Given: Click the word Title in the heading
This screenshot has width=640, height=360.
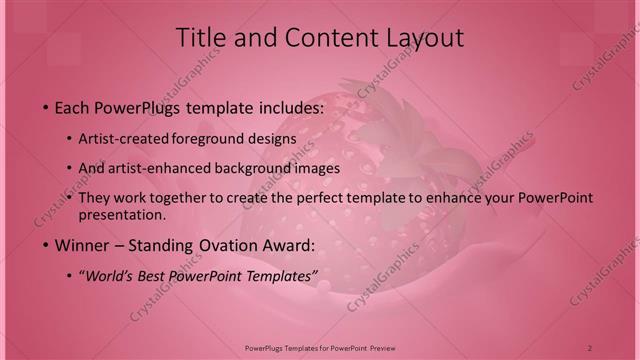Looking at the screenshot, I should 200,38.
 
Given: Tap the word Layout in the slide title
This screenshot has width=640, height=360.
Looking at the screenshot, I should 424,38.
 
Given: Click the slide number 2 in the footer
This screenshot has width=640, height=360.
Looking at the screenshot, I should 590,348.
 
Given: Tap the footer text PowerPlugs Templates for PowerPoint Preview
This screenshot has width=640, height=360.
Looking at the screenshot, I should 320,348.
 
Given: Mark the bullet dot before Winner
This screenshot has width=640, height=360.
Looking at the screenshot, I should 46,245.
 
